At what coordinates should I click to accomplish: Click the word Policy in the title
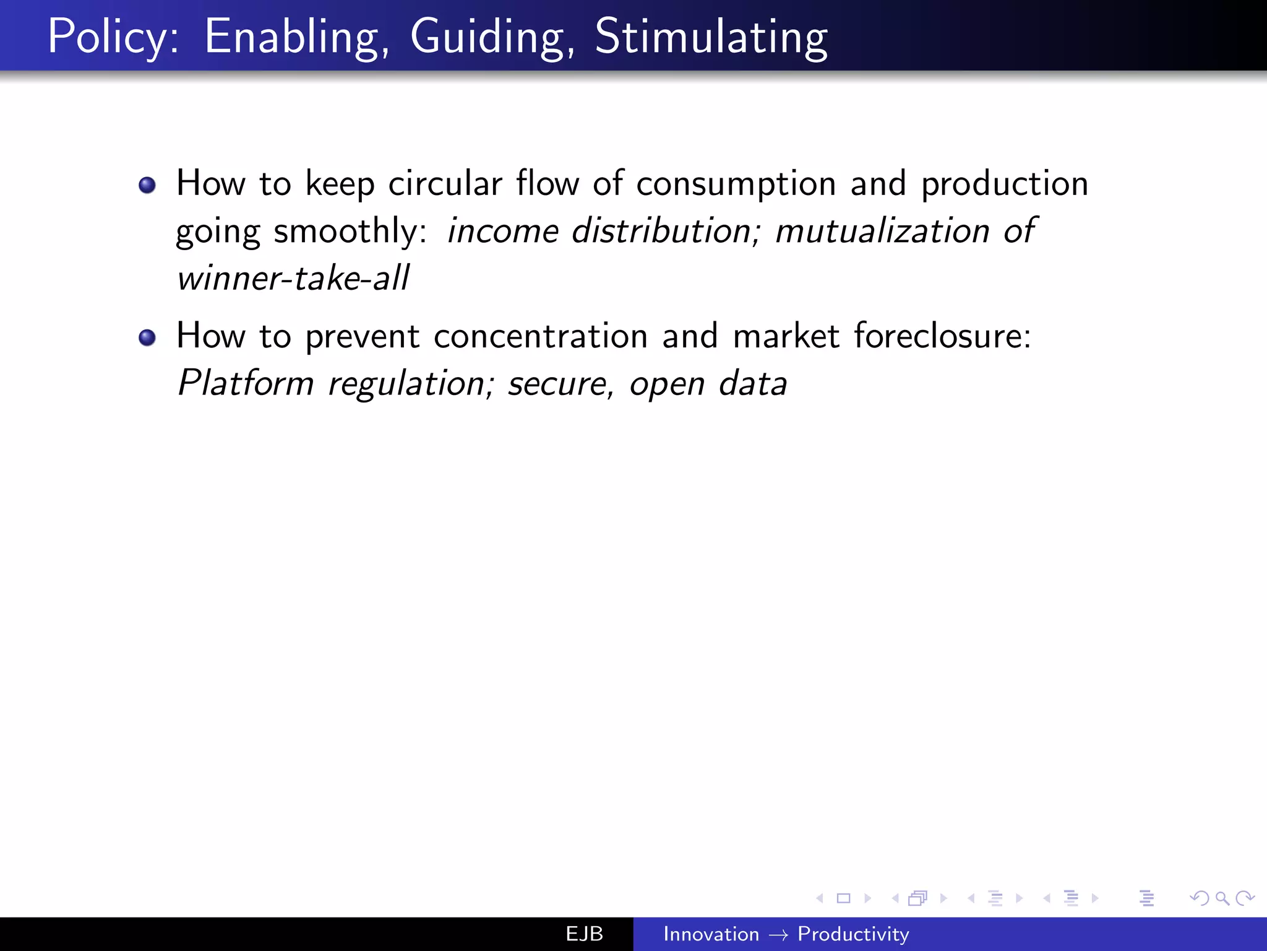[x=113, y=37]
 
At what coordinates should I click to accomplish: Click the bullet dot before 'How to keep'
[x=147, y=185]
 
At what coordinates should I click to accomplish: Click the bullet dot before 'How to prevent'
[x=147, y=337]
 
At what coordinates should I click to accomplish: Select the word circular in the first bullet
[x=445, y=184]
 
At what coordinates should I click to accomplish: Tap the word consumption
[x=736, y=185]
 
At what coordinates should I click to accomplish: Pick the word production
[x=1005, y=185]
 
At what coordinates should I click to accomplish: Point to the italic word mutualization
[x=883, y=231]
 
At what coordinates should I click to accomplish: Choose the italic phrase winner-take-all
[x=293, y=278]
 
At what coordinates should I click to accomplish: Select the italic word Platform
[x=246, y=384]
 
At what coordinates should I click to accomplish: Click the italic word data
[x=753, y=384]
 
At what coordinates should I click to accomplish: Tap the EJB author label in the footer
[x=584, y=934]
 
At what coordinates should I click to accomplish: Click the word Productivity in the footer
[x=853, y=934]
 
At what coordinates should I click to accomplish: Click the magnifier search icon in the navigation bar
[x=1222, y=898]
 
